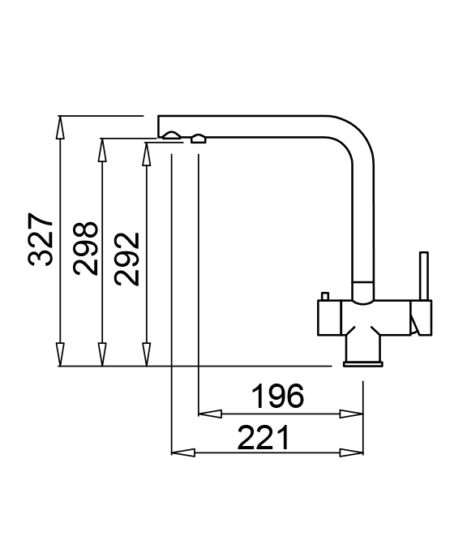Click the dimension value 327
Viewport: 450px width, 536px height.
41,239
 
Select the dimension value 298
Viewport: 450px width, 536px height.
85,248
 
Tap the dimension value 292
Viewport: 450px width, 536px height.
127,259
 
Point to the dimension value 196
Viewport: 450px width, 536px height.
277,397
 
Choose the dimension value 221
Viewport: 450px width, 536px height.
263,438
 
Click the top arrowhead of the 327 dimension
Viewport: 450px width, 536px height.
60,127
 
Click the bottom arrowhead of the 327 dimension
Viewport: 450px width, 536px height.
60,354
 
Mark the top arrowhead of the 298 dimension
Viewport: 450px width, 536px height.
102,150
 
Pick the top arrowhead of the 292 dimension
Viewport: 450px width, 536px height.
147,154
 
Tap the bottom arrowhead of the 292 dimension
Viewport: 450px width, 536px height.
147,354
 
